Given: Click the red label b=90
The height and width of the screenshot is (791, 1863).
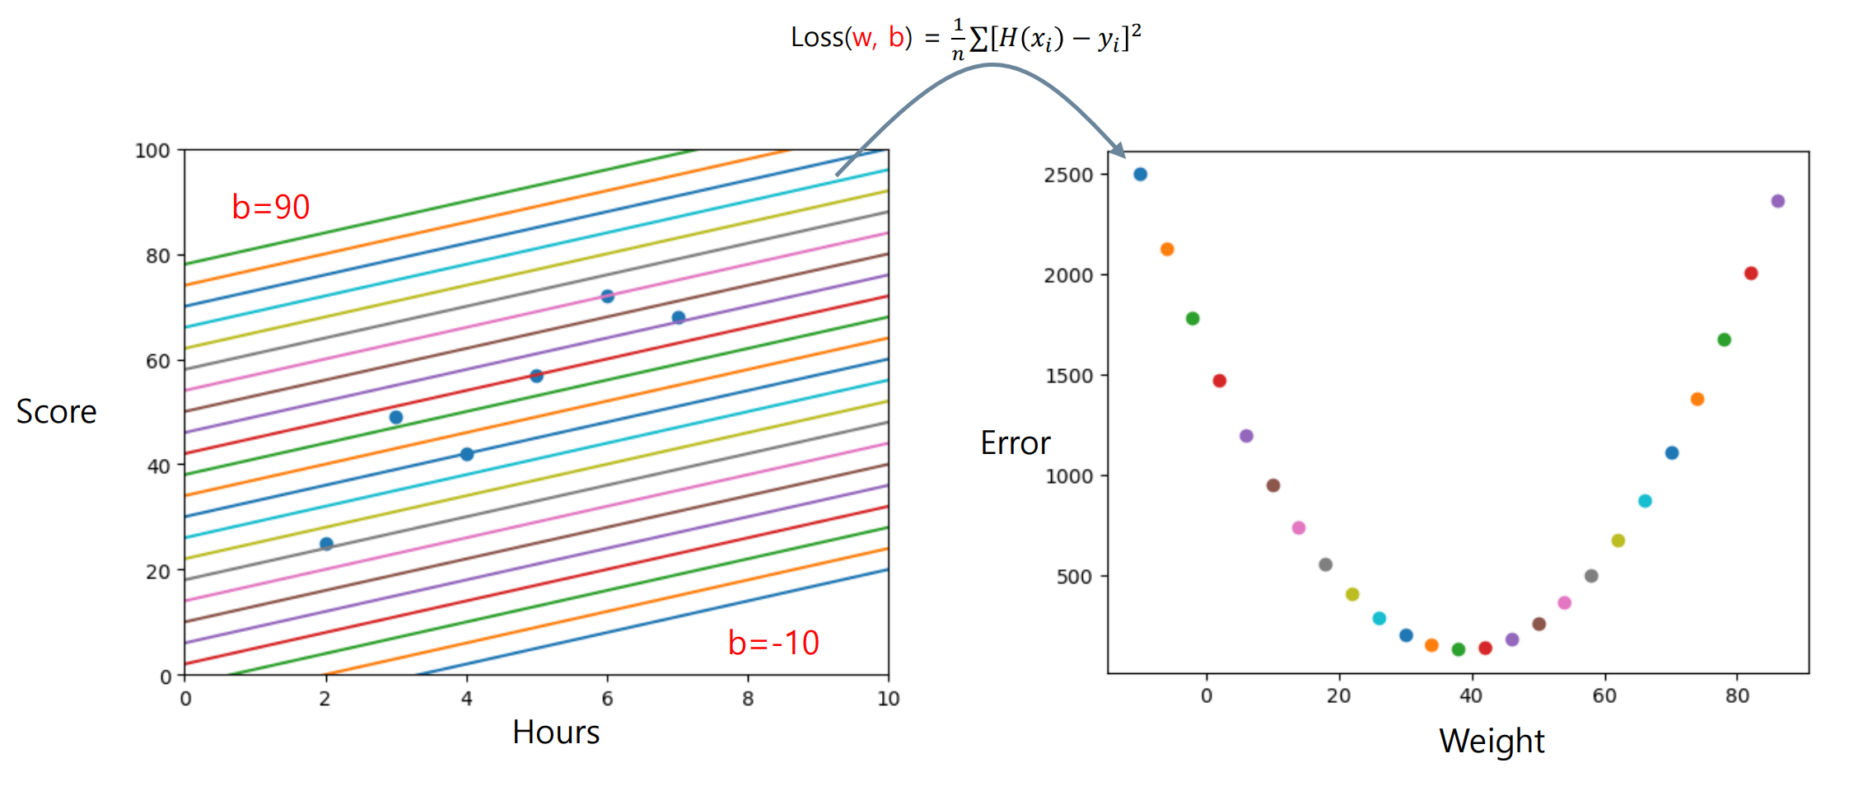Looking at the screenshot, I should pyautogui.click(x=270, y=207).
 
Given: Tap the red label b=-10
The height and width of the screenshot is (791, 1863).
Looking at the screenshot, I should pyautogui.click(x=773, y=643).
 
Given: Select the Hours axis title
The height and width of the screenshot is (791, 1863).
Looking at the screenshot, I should pyautogui.click(x=556, y=732).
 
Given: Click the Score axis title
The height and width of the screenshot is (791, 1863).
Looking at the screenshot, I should pyautogui.click(x=56, y=411).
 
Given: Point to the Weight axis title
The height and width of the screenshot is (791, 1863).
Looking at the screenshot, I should pyautogui.click(x=1492, y=742).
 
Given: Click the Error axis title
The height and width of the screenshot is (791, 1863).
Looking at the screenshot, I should pyautogui.click(x=1015, y=443).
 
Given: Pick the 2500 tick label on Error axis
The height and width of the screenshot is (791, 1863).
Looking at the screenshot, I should pyautogui.click(x=1068, y=175).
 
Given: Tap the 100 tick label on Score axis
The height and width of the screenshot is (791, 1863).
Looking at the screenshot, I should pyautogui.click(x=152, y=151).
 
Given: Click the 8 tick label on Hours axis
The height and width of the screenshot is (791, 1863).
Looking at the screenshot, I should pyautogui.click(x=748, y=699).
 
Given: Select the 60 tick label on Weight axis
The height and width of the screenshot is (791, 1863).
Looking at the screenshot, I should pyautogui.click(x=1604, y=696).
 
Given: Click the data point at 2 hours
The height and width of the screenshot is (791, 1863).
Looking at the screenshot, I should pyautogui.click(x=326, y=544).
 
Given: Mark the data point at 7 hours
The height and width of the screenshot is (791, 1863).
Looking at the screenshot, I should pyautogui.click(x=678, y=317).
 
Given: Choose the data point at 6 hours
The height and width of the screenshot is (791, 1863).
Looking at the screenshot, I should pyautogui.click(x=607, y=297).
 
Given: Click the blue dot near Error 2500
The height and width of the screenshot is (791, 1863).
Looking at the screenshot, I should pyautogui.click(x=1140, y=174).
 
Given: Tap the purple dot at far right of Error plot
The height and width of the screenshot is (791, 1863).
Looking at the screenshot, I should pyautogui.click(x=1777, y=201).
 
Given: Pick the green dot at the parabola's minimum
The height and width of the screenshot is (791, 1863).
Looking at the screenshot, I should pyautogui.click(x=1459, y=649).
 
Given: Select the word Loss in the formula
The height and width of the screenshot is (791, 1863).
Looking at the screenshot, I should pyautogui.click(x=817, y=37).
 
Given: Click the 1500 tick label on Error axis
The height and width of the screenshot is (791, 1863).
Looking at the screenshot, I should pyautogui.click(x=1068, y=376).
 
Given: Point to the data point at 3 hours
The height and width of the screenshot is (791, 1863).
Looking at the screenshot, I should pyautogui.click(x=396, y=418).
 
